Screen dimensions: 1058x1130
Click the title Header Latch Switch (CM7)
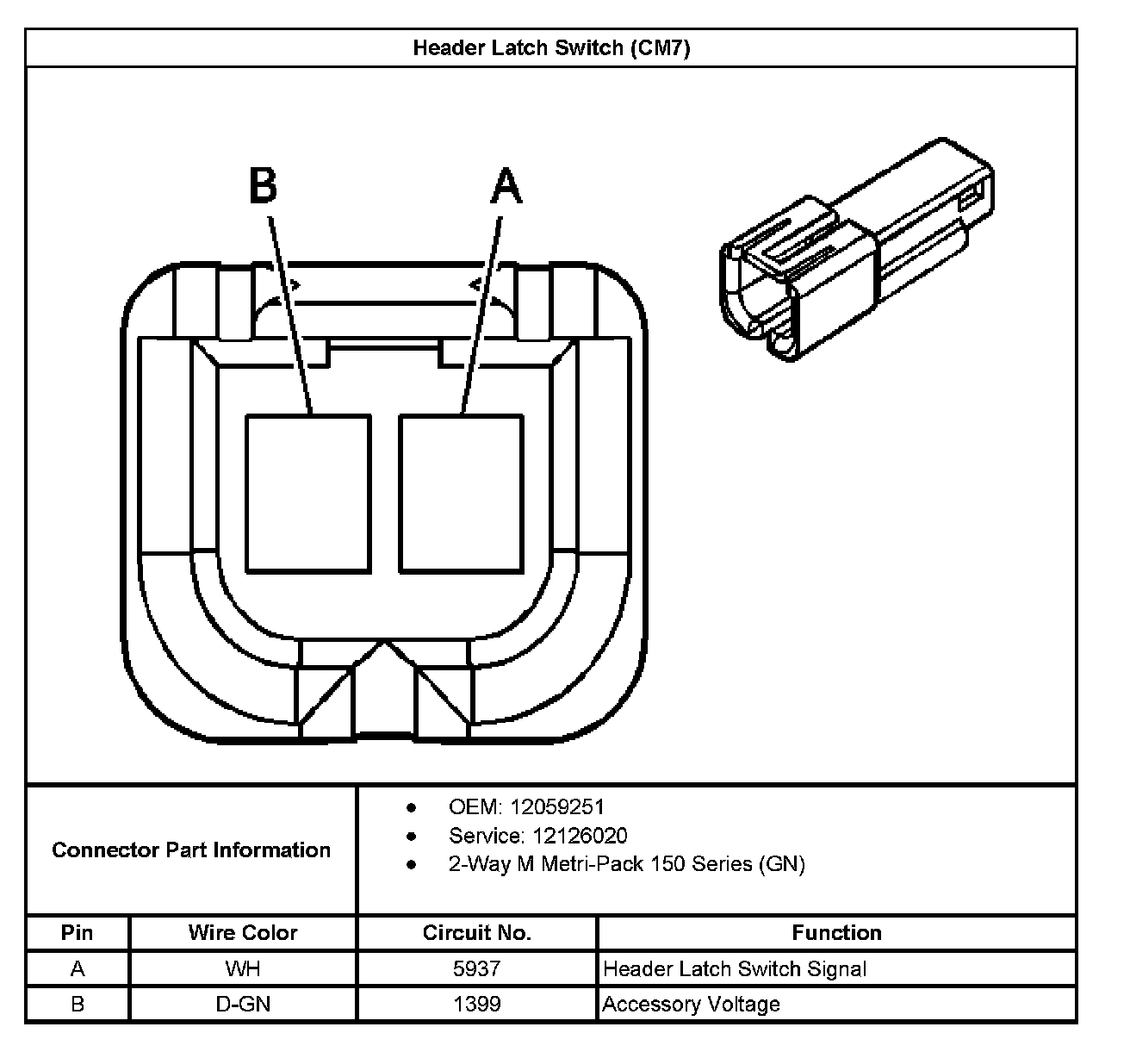click(x=551, y=48)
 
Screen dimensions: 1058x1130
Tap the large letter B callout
click(x=264, y=186)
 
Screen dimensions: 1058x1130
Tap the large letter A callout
click(x=506, y=186)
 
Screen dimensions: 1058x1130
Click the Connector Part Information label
click(x=191, y=850)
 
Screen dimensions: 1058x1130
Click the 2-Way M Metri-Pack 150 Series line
click(x=626, y=864)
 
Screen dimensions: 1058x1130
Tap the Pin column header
click(x=78, y=933)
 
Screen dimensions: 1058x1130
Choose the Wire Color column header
click(x=243, y=933)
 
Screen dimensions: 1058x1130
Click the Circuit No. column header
click(x=477, y=933)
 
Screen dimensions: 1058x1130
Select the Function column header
click(x=836, y=933)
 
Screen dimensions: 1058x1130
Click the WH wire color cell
click(x=243, y=969)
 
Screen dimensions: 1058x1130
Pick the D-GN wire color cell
click(x=243, y=1005)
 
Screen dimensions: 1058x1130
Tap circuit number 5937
click(x=477, y=969)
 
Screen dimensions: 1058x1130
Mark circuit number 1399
click(x=477, y=1005)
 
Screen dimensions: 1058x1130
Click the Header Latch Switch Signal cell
click(x=735, y=969)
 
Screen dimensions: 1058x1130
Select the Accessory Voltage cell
click(x=692, y=1005)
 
